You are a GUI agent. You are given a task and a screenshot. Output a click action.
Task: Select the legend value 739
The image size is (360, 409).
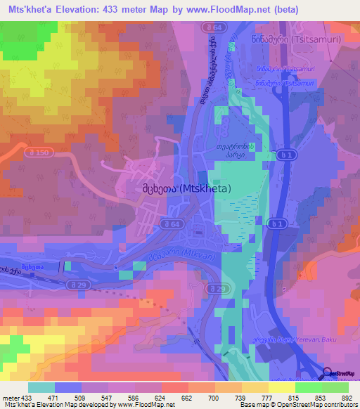point(240,398)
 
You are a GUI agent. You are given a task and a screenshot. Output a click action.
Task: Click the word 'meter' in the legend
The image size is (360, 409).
point(11,398)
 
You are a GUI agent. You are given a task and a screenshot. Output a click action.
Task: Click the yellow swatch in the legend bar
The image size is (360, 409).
point(280,387)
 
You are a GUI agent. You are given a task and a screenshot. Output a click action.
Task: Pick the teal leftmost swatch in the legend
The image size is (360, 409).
point(41,387)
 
